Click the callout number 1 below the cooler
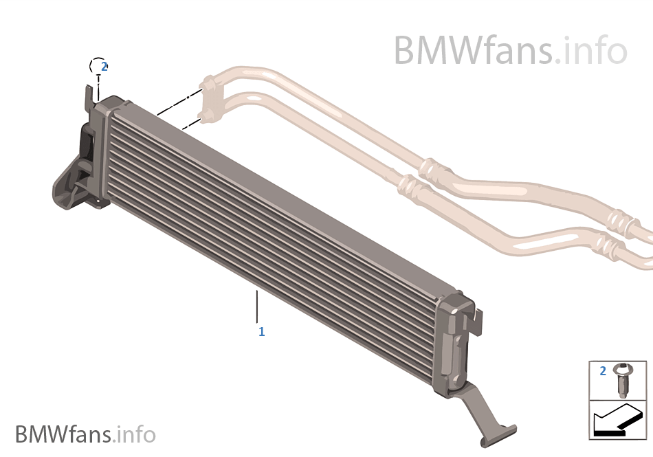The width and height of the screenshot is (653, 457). (x=261, y=332)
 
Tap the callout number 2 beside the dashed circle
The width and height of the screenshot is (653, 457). (x=104, y=67)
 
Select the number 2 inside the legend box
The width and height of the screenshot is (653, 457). (x=603, y=371)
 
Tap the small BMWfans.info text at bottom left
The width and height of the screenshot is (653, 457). (x=85, y=434)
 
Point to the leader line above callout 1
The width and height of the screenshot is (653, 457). (x=257, y=306)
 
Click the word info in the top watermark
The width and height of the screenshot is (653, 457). (x=595, y=50)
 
